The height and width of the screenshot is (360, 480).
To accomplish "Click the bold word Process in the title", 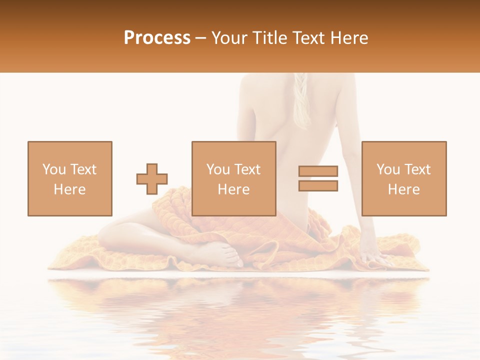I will (157, 38).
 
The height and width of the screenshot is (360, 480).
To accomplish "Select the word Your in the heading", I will (228, 38).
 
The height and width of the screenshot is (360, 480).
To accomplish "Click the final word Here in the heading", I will (349, 38).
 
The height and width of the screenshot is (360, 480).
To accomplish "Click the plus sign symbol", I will (152, 179).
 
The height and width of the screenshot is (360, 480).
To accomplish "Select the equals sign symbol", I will (318, 178).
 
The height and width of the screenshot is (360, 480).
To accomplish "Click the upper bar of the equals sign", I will (318, 171).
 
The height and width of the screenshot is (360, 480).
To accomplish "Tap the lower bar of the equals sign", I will (318, 186).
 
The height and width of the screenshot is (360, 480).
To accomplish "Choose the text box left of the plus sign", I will (70, 178).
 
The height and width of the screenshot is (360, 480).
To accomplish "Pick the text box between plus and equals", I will (234, 178).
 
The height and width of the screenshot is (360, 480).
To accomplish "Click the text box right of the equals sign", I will (404, 178).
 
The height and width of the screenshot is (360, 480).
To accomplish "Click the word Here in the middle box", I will (234, 189).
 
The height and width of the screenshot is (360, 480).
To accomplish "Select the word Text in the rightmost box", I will (417, 169).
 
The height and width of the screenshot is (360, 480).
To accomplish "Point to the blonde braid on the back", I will (302, 100).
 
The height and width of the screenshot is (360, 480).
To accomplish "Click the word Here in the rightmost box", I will (404, 189).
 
